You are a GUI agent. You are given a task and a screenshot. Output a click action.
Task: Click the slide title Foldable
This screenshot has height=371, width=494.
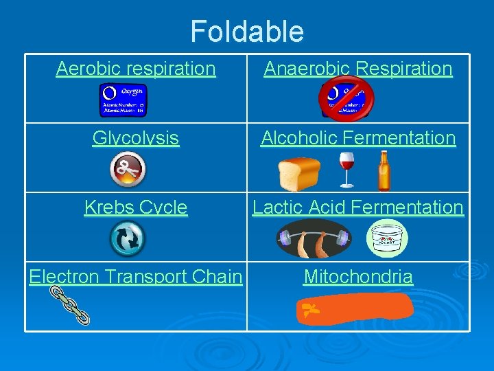click(246, 32)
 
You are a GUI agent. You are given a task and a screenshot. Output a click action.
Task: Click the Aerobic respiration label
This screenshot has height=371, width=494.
click(136, 69)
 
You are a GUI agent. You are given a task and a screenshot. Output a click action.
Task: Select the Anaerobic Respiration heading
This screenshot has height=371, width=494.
click(358, 69)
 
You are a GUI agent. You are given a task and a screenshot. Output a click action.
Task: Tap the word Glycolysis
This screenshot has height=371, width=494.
click(136, 138)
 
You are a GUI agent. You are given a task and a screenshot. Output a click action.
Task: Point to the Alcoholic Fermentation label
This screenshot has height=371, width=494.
click(358, 138)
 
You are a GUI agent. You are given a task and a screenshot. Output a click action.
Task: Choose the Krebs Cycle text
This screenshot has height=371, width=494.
click(136, 207)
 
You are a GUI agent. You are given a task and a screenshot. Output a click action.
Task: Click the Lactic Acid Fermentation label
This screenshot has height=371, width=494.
click(358, 207)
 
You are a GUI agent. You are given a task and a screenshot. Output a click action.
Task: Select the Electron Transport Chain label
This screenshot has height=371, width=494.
click(136, 277)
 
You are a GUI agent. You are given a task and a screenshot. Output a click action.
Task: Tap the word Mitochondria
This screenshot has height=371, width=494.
click(358, 277)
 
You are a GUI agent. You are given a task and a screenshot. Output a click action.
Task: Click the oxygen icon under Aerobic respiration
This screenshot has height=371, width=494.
click(123, 100)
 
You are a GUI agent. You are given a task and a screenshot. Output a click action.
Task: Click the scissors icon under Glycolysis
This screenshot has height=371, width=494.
click(128, 170)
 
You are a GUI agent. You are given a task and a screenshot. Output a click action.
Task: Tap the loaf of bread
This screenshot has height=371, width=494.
click(300, 175)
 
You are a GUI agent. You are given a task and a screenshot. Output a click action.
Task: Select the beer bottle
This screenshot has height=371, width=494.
click(384, 171)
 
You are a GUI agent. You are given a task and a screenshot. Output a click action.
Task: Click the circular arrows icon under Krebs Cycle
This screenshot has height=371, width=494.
click(128, 238)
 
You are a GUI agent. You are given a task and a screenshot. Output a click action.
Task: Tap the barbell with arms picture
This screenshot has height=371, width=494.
click(313, 238)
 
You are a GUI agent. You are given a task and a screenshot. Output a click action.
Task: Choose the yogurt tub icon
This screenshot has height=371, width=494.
click(387, 239)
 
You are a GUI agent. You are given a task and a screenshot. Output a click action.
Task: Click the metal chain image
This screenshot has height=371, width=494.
click(70, 305)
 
